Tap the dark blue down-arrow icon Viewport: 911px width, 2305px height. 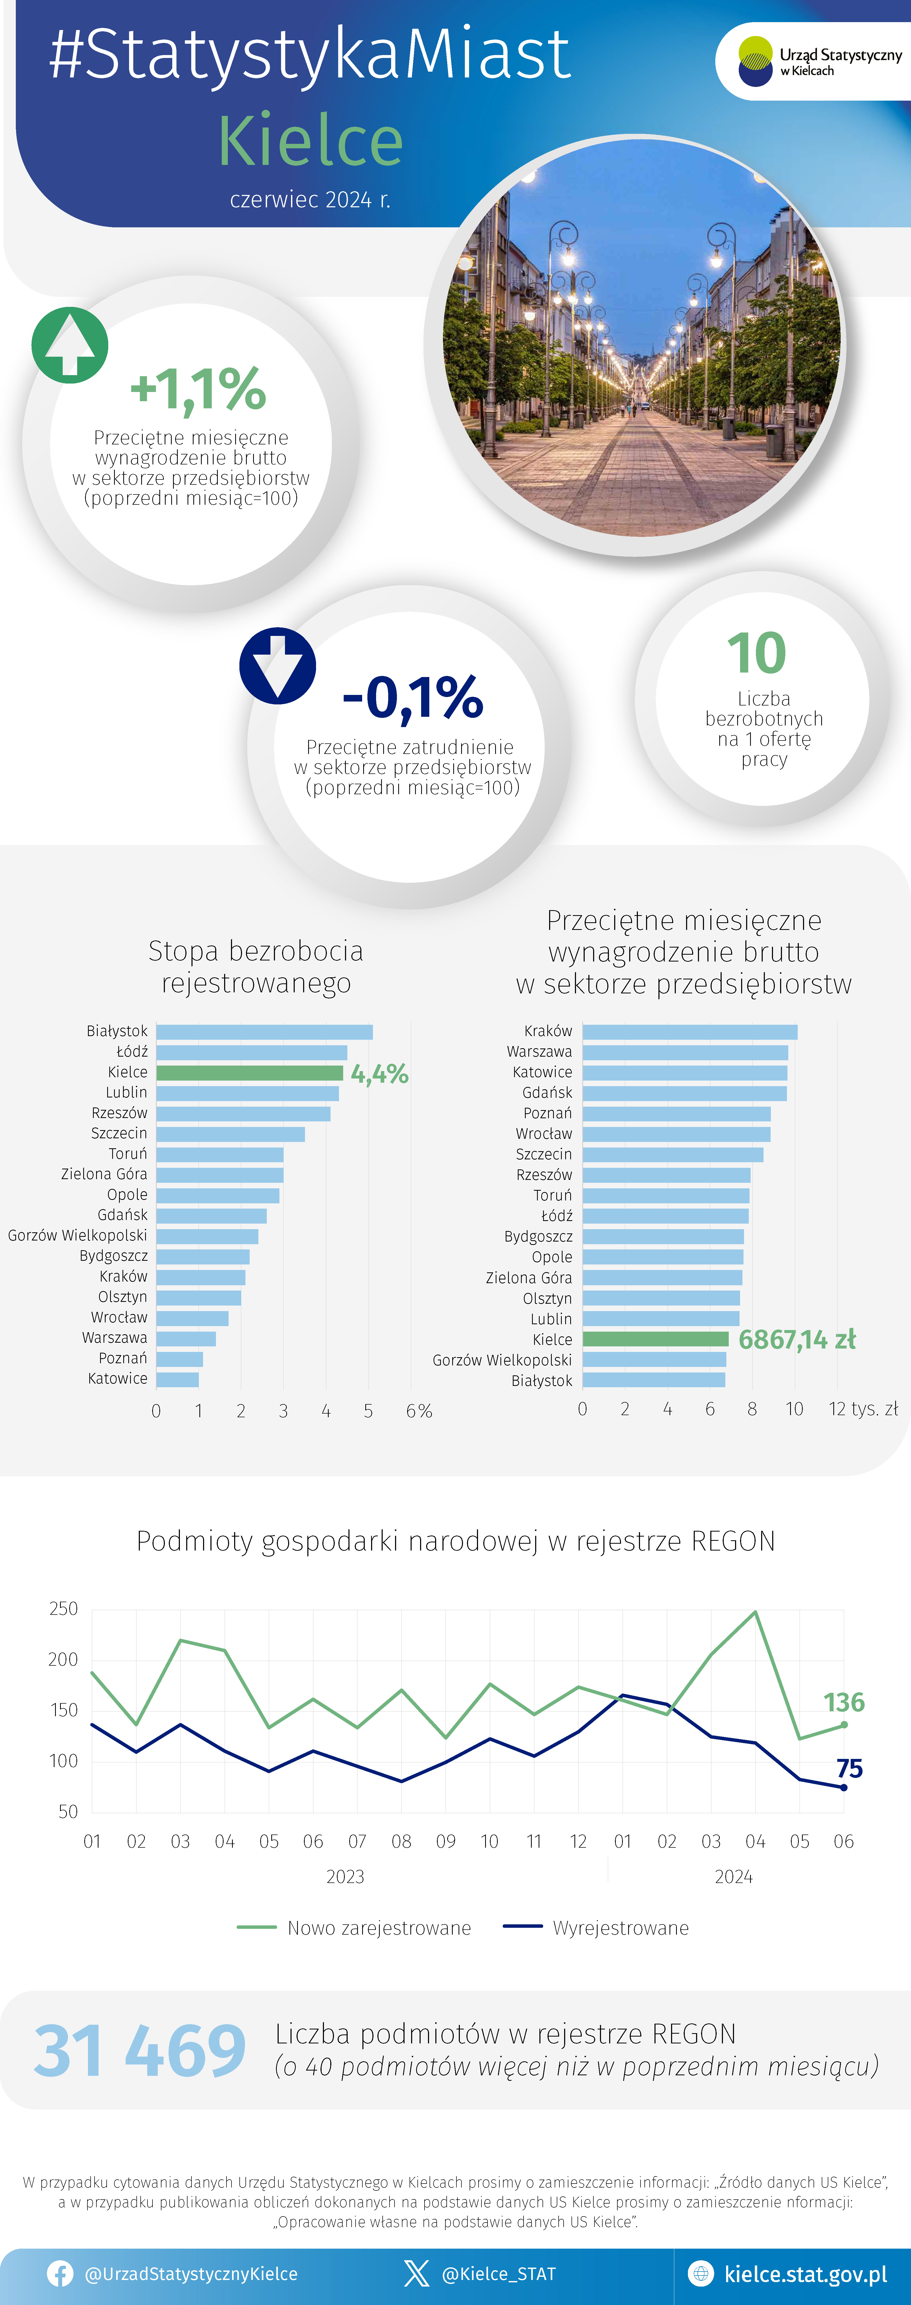(277, 666)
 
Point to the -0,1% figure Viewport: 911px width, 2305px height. (412, 698)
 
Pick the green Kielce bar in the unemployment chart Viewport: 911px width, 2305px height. (250, 1072)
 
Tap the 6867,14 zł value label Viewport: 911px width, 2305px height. (796, 1340)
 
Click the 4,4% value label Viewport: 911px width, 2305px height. (380, 1074)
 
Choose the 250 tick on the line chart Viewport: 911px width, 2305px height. (63, 1609)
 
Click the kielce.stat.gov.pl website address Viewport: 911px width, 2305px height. (805, 2274)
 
